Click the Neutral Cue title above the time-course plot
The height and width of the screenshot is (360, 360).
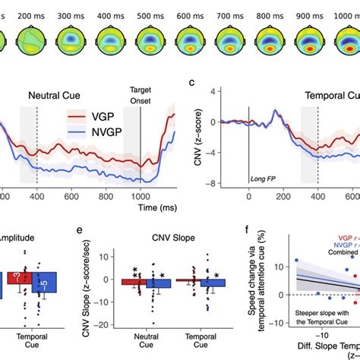(x=55, y=96)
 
